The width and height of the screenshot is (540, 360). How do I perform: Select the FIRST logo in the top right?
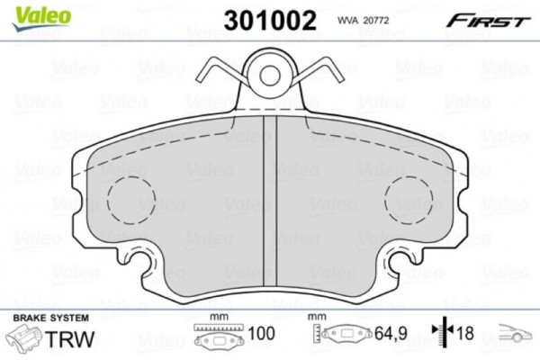pos(494,20)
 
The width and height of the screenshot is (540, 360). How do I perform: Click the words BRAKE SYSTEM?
pos(49,317)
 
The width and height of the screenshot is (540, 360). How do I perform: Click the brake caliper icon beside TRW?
pos(24,338)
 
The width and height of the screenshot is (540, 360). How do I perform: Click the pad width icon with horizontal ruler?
pos(216,338)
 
